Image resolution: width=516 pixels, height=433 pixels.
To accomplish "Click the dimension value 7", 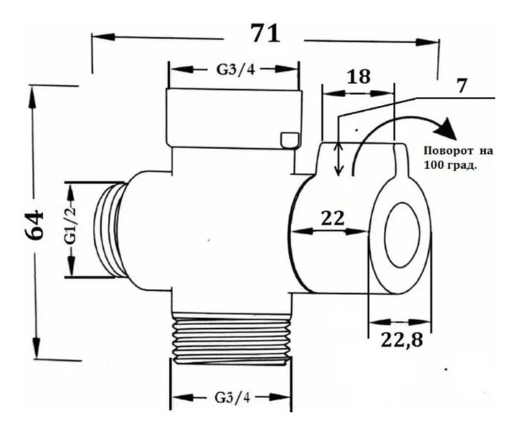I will [461, 86].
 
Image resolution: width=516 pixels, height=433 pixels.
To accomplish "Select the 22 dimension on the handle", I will [333, 218].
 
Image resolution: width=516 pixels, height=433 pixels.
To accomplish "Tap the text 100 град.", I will [451, 165].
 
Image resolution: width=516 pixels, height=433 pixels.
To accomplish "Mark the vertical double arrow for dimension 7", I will [340, 157].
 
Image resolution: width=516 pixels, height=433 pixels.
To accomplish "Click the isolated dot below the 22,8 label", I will [446, 370].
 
